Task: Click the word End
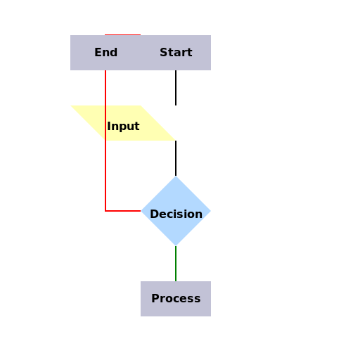pos(105,53)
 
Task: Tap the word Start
pos(176,53)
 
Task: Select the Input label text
pos(123,127)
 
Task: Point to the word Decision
pos(176,214)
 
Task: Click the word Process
pos(176,299)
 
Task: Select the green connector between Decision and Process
pos(176,264)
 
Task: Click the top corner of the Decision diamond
pos(176,176)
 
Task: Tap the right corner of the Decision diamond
pos(210,211)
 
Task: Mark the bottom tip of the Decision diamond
pos(176,245)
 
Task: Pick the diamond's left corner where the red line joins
pos(141,211)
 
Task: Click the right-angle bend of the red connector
pos(105,211)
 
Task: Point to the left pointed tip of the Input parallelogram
pos(72,106)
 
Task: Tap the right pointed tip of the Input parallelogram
pos(174,140)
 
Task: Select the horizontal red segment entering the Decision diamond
pos(123,211)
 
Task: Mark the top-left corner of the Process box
pos(141,282)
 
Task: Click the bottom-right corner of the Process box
pos(210,316)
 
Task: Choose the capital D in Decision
pos(154,214)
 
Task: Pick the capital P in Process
pos(155,299)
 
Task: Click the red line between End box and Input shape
pos(105,88)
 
